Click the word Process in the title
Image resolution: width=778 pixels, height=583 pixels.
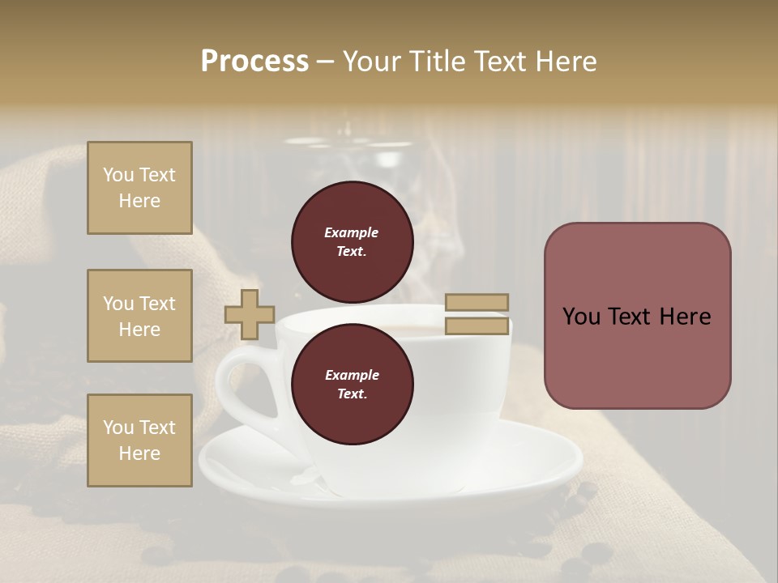pyautogui.click(x=254, y=62)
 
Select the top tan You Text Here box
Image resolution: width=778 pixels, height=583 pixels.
pyautogui.click(x=139, y=188)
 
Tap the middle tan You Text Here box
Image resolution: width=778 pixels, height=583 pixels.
pyautogui.click(x=139, y=316)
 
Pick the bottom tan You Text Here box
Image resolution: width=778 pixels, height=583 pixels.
pyautogui.click(x=139, y=440)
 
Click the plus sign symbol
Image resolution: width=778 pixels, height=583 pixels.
pyautogui.click(x=249, y=314)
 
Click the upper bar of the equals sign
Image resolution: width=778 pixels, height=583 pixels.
pyautogui.click(x=477, y=302)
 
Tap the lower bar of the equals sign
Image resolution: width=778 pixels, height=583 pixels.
pyautogui.click(x=477, y=326)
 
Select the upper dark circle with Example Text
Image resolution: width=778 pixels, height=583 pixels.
pyautogui.click(x=352, y=241)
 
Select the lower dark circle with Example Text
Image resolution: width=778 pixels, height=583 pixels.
pyautogui.click(x=352, y=384)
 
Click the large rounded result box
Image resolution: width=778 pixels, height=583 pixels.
pyautogui.click(x=637, y=316)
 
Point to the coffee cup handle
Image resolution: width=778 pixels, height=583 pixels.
pyautogui.click(x=235, y=381)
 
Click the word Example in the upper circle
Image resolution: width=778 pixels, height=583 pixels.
pyautogui.click(x=352, y=232)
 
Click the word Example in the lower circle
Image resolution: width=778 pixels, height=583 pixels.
pyautogui.click(x=352, y=375)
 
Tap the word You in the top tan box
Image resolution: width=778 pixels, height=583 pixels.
pyautogui.click(x=118, y=175)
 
